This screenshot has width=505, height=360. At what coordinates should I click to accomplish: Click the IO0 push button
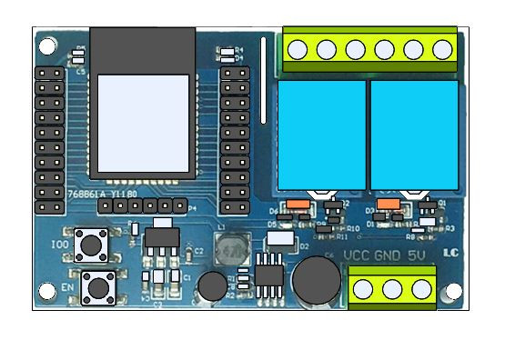[92, 244]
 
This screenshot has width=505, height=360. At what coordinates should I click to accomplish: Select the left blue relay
[320, 135]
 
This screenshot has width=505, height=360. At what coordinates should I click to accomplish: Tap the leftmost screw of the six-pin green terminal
[297, 49]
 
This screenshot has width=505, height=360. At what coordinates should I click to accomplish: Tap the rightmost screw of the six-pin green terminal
[443, 49]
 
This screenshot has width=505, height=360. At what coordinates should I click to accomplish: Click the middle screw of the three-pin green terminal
[392, 289]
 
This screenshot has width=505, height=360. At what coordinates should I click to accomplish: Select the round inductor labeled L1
[232, 247]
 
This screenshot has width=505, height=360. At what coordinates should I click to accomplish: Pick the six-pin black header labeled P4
[143, 206]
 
